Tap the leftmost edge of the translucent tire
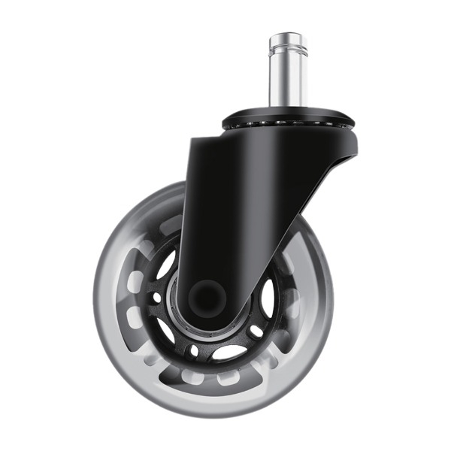coord(96,301)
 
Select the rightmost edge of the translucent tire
coord(331,301)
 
